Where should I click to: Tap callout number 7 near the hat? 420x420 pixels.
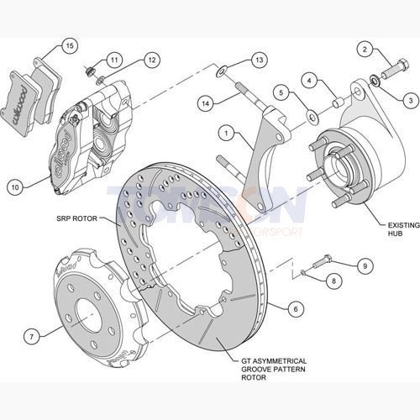tap(31, 337)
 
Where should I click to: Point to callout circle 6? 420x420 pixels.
tap(293, 307)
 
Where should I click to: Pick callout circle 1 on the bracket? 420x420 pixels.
tap(225, 132)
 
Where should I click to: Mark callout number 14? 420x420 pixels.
tap(203, 102)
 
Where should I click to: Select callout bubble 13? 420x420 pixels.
tap(259, 60)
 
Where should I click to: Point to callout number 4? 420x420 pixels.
tap(309, 81)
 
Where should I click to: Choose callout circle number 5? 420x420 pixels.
tap(282, 92)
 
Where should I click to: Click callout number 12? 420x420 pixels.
tap(150, 60)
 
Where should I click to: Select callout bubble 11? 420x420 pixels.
tap(114, 59)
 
